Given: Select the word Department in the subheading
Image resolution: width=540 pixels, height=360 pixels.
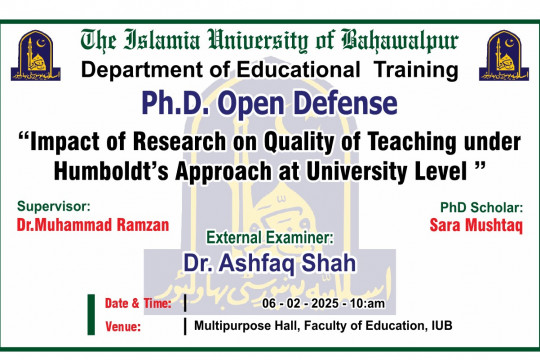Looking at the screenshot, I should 141,71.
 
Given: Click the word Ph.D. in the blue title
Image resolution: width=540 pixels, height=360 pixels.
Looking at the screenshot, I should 179,103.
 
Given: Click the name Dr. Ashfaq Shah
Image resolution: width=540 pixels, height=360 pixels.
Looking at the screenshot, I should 269,262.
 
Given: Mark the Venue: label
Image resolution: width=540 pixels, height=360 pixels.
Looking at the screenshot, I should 123,326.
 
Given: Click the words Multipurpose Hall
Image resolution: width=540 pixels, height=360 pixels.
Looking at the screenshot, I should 240,326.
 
